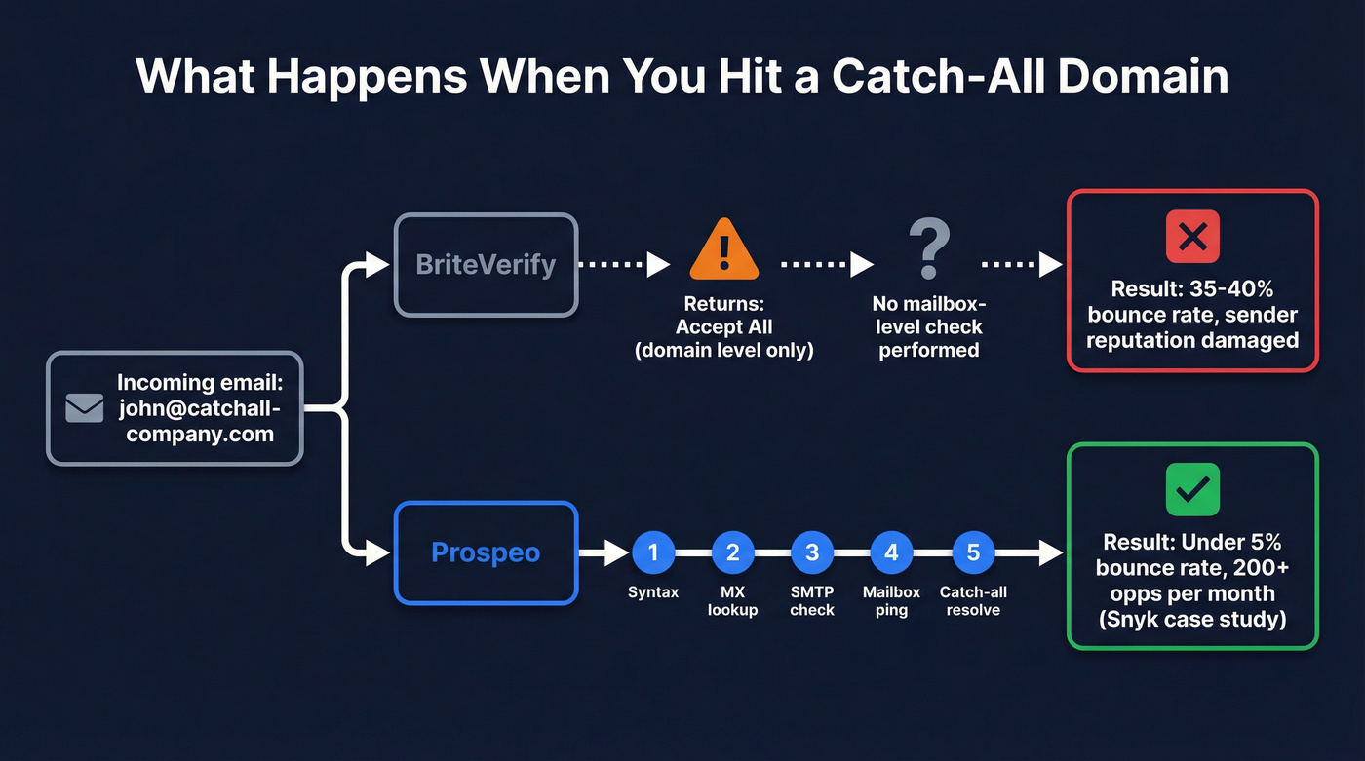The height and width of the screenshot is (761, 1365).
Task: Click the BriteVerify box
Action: tap(486, 264)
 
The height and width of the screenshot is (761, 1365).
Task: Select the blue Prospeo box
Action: tap(486, 552)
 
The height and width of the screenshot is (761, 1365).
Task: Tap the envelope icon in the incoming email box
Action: tap(85, 408)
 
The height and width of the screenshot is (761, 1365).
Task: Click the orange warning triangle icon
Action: tap(723, 251)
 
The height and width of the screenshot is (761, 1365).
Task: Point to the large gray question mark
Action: tap(928, 248)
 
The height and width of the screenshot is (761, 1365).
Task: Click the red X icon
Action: tap(1192, 236)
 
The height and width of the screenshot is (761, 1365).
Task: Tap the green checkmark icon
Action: tap(1192, 489)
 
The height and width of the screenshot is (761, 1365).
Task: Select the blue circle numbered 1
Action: tap(653, 552)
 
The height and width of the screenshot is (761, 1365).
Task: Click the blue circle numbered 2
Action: tap(732, 552)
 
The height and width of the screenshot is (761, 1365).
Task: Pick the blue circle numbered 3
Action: tap(812, 552)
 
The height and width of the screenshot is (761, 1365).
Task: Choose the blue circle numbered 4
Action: tap(891, 552)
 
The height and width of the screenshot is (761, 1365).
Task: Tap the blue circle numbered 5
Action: tap(972, 552)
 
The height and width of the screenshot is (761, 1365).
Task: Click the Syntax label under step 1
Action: tap(653, 592)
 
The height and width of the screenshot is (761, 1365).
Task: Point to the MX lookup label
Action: tap(732, 601)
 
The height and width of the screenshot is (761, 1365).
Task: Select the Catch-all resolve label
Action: tap(972, 601)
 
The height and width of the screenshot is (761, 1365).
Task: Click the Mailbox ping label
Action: tap(891, 601)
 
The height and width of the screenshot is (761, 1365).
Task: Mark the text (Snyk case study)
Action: tap(1192, 619)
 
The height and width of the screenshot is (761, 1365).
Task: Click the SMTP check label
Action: tap(812, 601)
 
